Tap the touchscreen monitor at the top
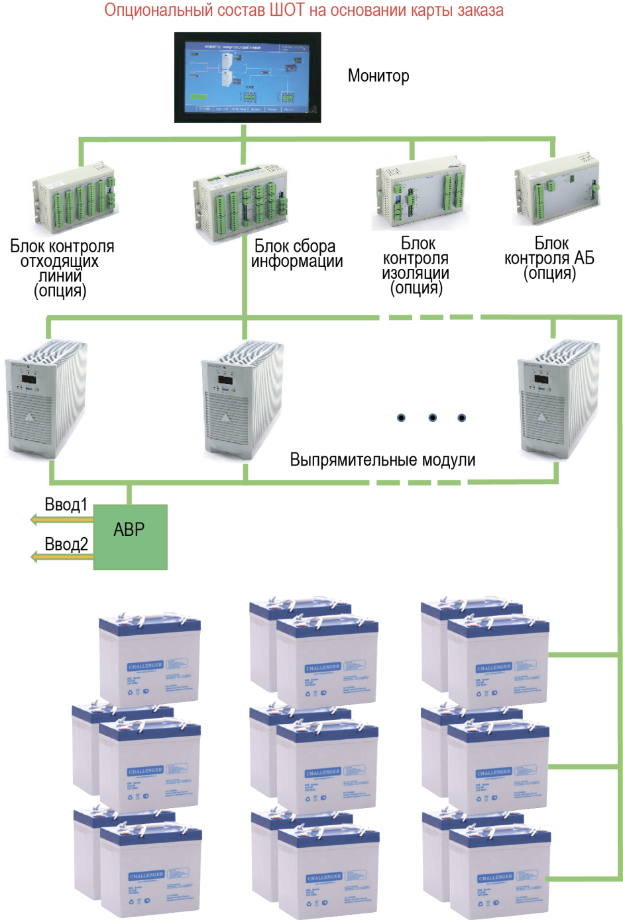pyautogui.click(x=247, y=77)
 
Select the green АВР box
pyautogui.click(x=130, y=537)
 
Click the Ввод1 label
pyautogui.click(x=66, y=505)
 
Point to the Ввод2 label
pyautogui.click(x=66, y=544)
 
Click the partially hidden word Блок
pyautogui.click(x=272, y=244)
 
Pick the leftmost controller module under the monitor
pyautogui.click(x=74, y=198)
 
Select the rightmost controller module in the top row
pyautogui.click(x=557, y=187)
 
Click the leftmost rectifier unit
pyautogui.click(x=46, y=399)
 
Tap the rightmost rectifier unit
pyautogui.click(x=557, y=399)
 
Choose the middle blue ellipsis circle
pyautogui.click(x=433, y=417)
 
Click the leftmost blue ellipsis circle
pyautogui.click(x=401, y=417)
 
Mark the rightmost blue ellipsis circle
pyautogui.click(x=462, y=417)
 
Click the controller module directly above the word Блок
pyautogui.click(x=240, y=203)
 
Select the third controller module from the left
pyautogui.click(x=420, y=191)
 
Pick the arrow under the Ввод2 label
pyautogui.click(x=62, y=558)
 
